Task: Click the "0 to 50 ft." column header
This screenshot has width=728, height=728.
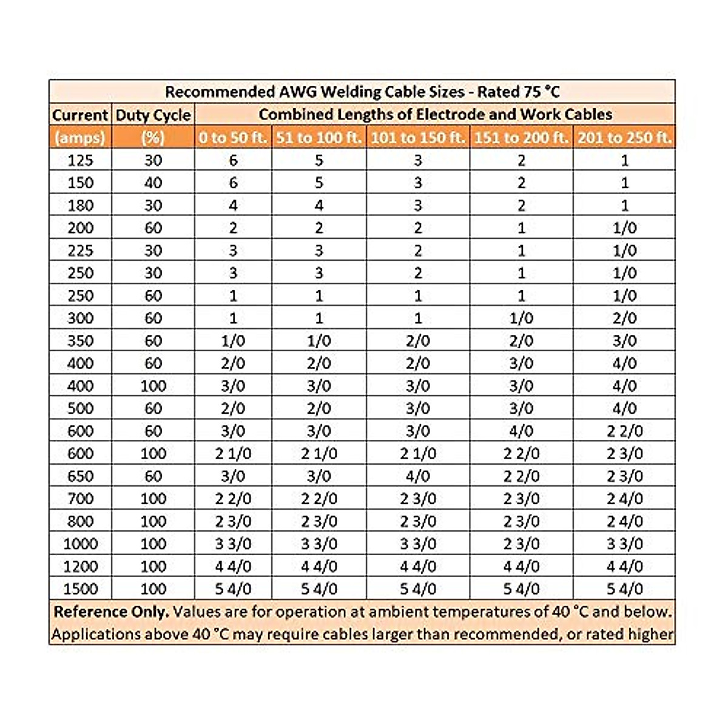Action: (x=233, y=138)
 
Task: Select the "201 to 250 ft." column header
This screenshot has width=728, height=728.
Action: (x=624, y=138)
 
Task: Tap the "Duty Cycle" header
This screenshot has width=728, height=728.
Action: (x=153, y=115)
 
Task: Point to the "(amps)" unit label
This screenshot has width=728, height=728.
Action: (x=80, y=138)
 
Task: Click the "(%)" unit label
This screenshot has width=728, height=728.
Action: (x=153, y=138)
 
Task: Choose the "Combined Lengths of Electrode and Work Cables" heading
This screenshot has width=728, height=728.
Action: (x=435, y=115)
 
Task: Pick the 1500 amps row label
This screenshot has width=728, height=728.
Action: (x=80, y=588)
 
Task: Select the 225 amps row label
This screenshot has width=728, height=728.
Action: (x=80, y=251)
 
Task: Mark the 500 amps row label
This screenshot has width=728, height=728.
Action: (x=80, y=408)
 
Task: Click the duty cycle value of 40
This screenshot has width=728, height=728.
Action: (x=153, y=183)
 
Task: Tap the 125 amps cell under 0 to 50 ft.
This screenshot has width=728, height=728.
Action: (x=233, y=161)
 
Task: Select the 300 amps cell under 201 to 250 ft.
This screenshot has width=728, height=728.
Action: (x=624, y=318)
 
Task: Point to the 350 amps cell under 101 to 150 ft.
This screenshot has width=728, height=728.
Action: (x=417, y=341)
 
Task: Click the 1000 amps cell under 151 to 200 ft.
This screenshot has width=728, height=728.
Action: (x=521, y=544)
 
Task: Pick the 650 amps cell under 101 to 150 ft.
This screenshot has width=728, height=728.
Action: (x=417, y=476)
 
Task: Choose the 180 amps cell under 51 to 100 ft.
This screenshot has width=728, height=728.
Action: (x=318, y=206)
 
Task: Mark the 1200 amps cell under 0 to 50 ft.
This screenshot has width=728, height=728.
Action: (x=233, y=566)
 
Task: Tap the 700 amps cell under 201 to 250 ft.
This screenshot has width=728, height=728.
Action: (x=624, y=499)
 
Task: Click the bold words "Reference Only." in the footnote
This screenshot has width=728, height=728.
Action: (x=111, y=612)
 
